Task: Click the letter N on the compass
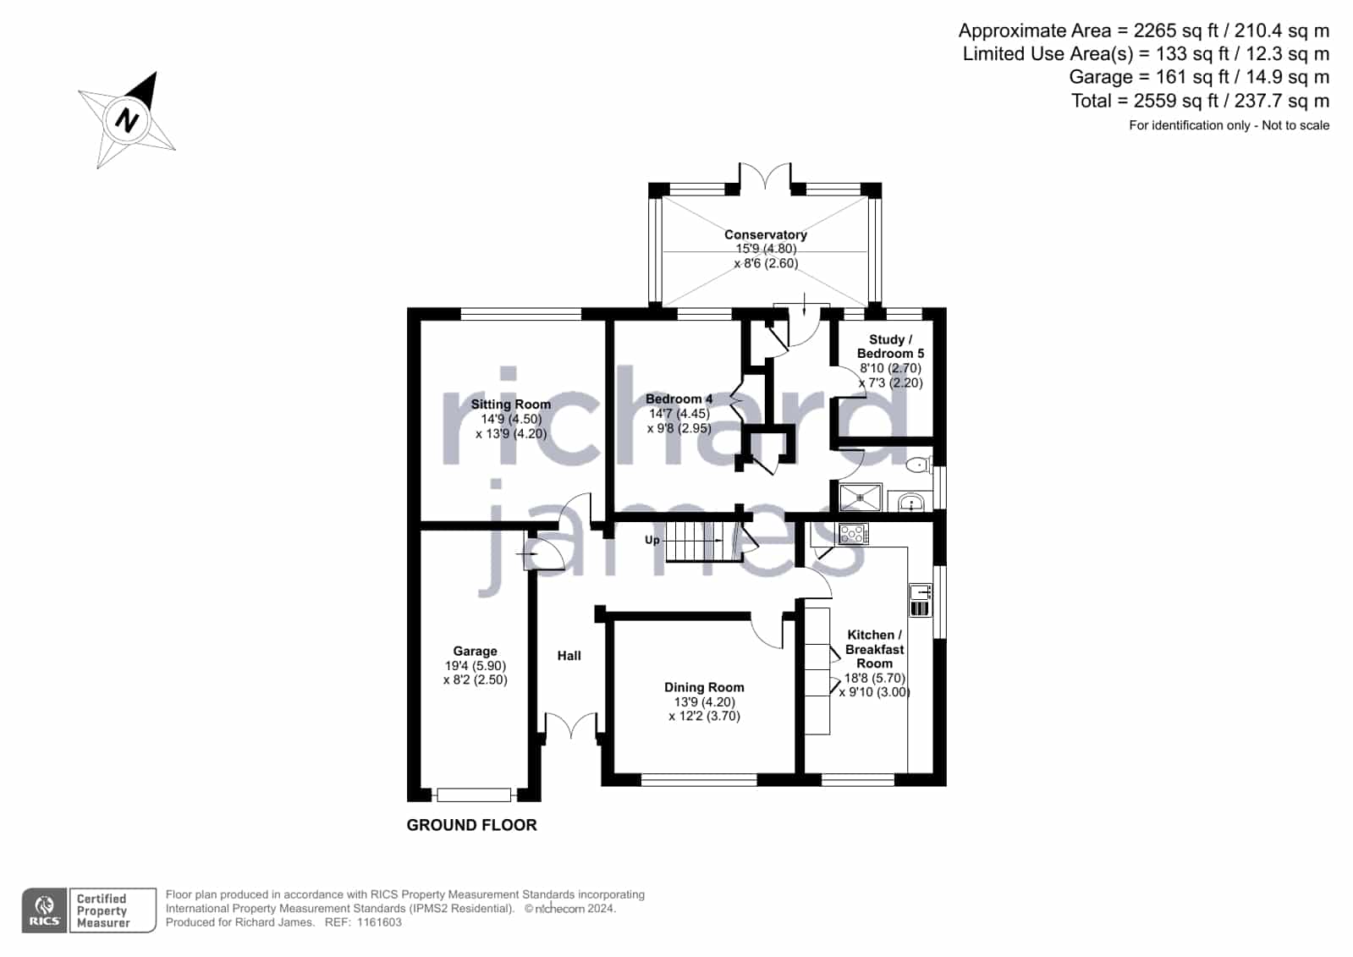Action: pos(127,120)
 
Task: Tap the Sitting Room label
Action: pos(510,404)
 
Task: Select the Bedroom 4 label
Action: pos(679,399)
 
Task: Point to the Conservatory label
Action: pos(765,234)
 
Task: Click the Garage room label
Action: pos(475,651)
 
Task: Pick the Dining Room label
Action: pos(704,687)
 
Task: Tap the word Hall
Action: pos(569,656)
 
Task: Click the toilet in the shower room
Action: pos(919,464)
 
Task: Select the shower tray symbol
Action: pos(861,497)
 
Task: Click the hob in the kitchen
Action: pos(852,533)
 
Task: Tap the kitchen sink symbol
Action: pos(919,600)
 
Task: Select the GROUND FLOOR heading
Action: pos(471,825)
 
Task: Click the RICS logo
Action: pos(44,910)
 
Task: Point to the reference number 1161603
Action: pos(379,922)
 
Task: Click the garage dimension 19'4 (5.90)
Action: pos(475,665)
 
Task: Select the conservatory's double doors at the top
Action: pos(765,176)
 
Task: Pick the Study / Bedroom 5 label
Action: pos(890,346)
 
